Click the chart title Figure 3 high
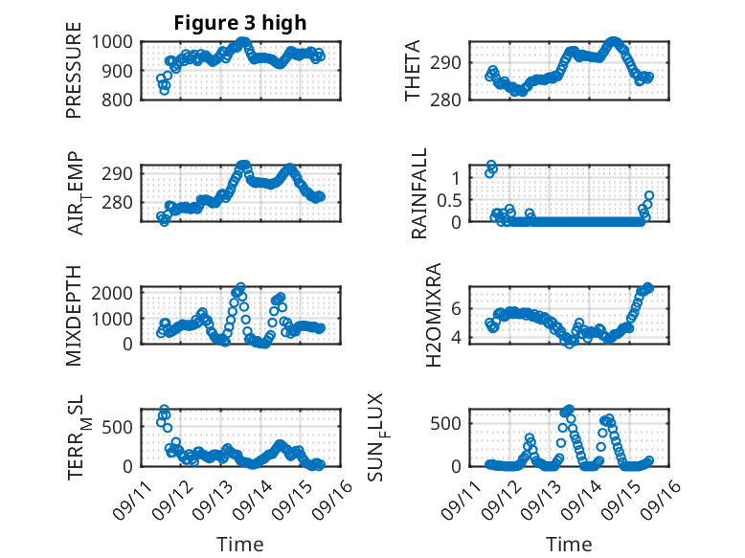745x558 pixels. click(239, 23)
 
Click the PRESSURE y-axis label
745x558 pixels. click(74, 77)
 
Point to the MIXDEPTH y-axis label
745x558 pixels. click(74, 315)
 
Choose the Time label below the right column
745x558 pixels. click(569, 544)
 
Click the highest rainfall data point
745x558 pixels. click(491, 165)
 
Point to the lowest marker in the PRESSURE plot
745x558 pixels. click(165, 90)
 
